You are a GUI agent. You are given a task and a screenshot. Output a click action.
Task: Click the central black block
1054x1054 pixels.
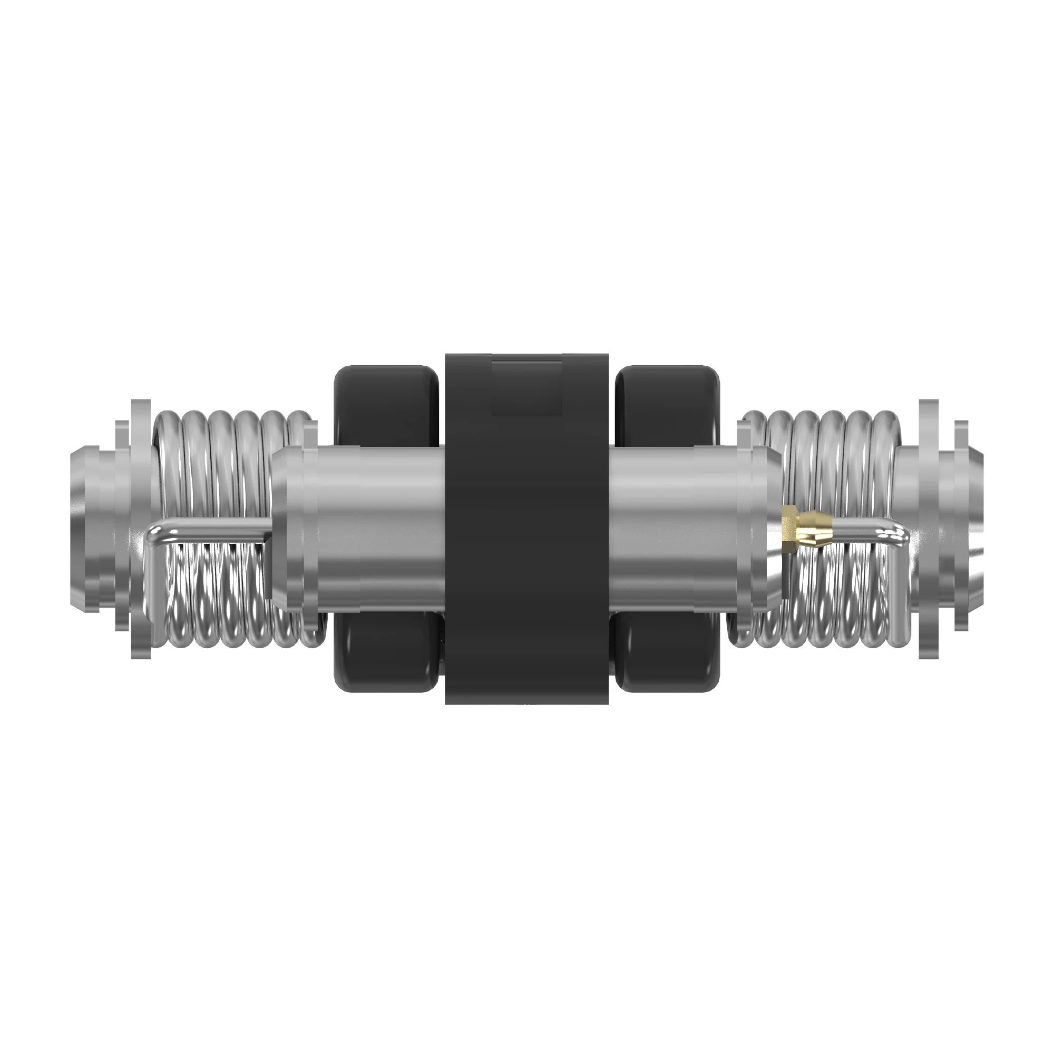[x=526, y=545]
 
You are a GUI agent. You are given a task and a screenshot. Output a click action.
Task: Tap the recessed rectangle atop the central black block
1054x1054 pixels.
[x=526, y=388]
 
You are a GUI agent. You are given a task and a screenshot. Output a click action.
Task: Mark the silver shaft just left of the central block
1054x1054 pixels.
[x=382, y=524]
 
